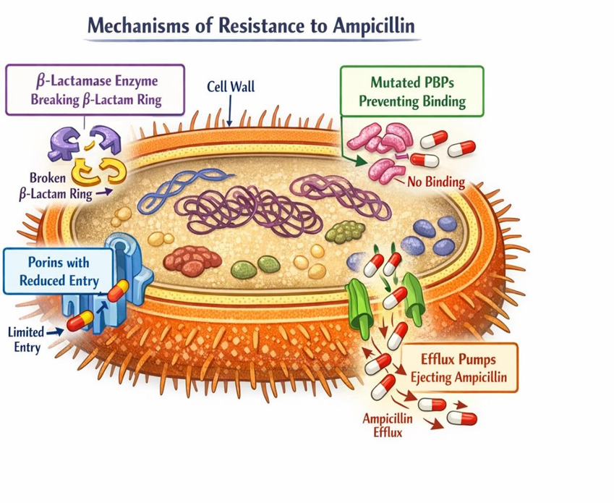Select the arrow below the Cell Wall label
(229, 112)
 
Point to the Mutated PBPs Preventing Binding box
(412, 90)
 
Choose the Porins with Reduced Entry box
(58, 270)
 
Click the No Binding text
(435, 182)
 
